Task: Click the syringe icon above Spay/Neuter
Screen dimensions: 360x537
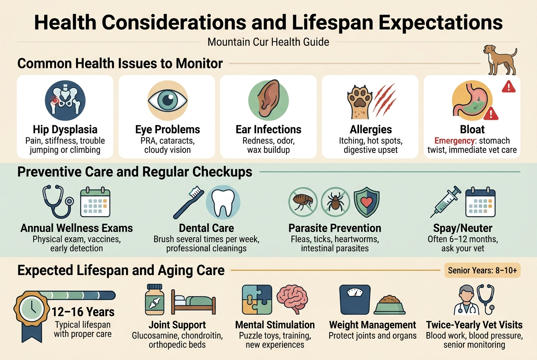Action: pos(445,201)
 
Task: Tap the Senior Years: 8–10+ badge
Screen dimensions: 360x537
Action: pos(482,270)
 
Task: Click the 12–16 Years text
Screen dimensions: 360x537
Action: pos(83,312)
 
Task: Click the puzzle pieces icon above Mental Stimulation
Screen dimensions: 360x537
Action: pos(257,300)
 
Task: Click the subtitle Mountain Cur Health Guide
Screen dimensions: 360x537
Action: pos(268,42)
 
